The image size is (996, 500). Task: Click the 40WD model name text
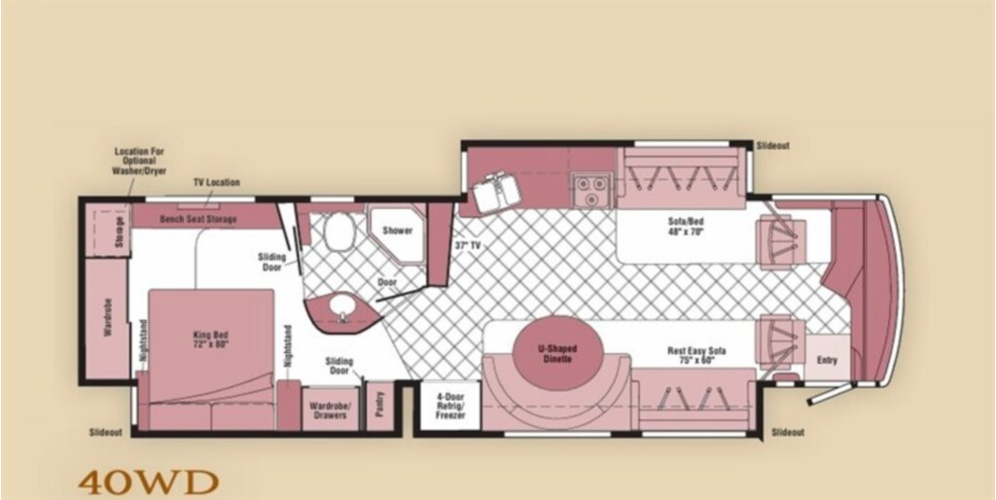click(149, 482)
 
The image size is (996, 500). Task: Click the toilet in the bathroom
click(339, 232)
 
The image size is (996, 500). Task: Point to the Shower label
click(397, 231)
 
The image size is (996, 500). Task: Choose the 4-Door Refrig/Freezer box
click(449, 405)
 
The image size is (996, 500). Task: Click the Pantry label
click(380, 407)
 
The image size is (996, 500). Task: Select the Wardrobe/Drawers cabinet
click(330, 410)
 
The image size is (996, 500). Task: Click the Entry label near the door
click(827, 360)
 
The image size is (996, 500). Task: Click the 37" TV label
click(468, 244)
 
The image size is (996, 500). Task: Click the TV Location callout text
click(217, 182)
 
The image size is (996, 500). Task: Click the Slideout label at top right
click(772, 146)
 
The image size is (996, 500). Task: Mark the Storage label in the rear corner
click(120, 234)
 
